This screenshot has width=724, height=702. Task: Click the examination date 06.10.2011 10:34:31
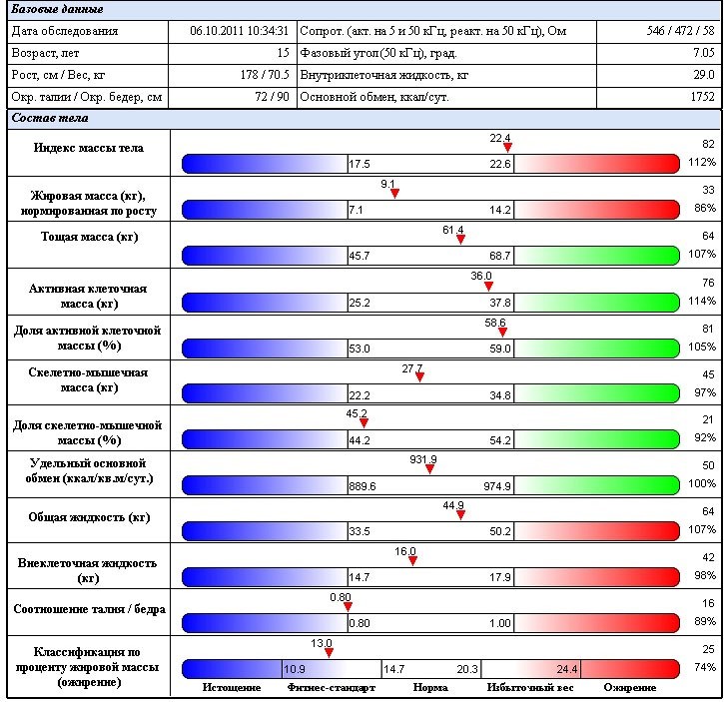point(239,31)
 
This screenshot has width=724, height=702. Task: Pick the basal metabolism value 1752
point(702,97)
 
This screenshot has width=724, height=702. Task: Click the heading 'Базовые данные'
point(57,9)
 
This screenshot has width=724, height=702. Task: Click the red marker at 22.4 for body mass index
point(507,148)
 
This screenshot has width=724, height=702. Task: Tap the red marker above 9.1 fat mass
point(394,194)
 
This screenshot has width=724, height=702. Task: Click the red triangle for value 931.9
point(430,469)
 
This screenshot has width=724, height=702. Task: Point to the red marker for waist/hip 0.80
point(348,606)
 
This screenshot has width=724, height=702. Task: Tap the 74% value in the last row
point(705,666)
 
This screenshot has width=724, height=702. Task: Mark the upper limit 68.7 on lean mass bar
point(499,257)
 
